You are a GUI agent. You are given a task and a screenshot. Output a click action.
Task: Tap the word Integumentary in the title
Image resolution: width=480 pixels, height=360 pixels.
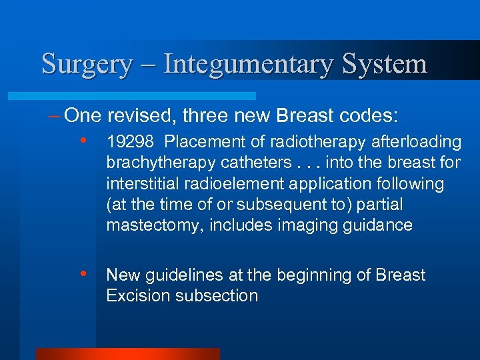click(249, 64)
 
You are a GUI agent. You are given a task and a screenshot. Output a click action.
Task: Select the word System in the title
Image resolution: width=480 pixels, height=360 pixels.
click(385, 64)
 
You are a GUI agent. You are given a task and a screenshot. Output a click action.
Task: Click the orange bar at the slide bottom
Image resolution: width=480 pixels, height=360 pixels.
click(127, 354)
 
